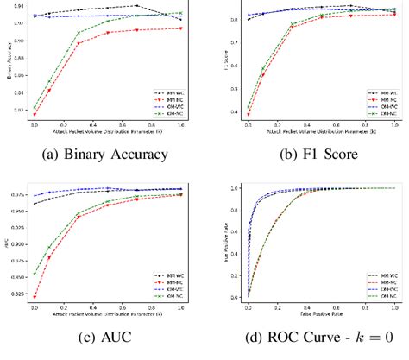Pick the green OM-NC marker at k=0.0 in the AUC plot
[35, 274]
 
